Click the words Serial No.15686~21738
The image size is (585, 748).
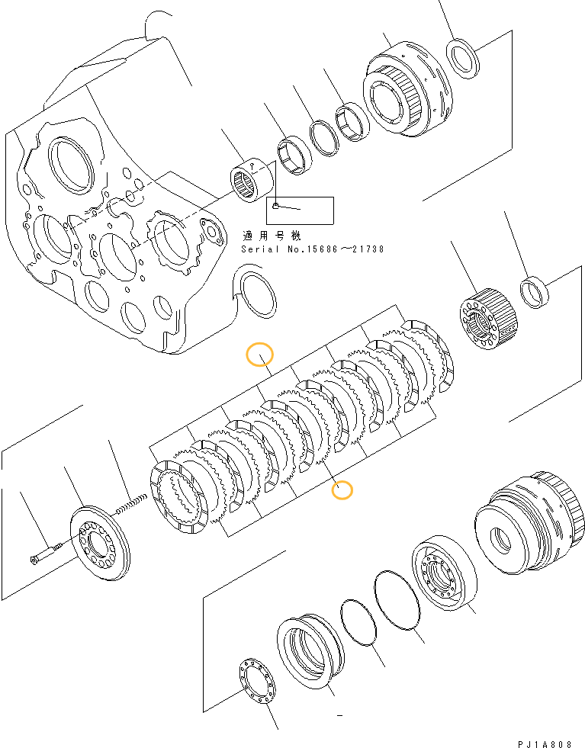312,249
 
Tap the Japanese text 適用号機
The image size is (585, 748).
270,236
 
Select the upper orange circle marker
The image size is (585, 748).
260,355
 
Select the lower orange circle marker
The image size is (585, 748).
342,490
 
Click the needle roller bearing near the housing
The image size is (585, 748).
253,178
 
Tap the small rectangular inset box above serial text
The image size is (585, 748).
300,210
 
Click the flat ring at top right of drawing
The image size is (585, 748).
463,59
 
